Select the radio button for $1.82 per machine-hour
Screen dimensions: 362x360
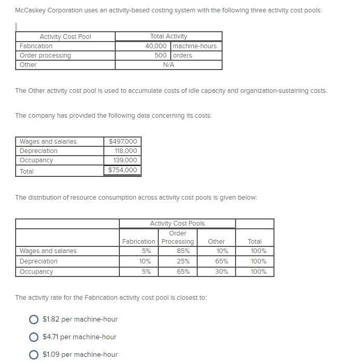coord(34,319)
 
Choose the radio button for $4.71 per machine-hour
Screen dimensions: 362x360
coord(34,337)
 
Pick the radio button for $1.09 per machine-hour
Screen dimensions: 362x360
coord(34,355)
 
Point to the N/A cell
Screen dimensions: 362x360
coord(168,65)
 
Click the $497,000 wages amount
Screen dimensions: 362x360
coord(123,142)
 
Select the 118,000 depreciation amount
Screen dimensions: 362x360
coord(126,151)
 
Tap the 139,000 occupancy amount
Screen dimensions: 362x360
coord(126,160)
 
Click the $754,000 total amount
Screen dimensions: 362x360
coord(123,170)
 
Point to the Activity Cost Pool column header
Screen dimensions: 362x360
coord(65,36)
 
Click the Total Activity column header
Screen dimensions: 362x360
coord(168,36)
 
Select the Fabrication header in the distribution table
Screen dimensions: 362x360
coord(139,242)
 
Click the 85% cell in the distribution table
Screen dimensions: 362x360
coord(178,251)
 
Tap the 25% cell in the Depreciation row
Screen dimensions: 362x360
coord(178,261)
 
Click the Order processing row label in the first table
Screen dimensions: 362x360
coord(45,55)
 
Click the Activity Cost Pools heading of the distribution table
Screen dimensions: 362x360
coord(177,224)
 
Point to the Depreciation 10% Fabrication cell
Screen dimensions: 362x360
coord(146,261)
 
